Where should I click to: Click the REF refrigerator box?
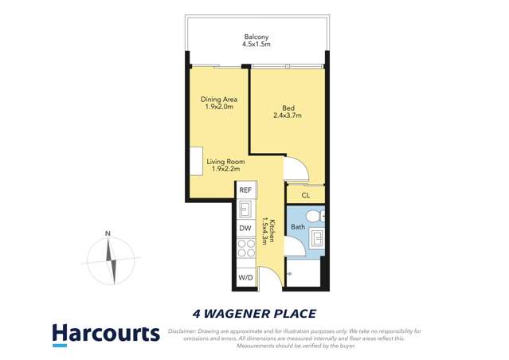tap(245, 190)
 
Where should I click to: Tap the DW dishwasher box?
tap(245, 229)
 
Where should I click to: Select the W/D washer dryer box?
tap(245, 278)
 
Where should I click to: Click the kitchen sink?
tap(246, 209)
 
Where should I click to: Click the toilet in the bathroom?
tap(315, 216)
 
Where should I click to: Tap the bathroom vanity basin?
tap(316, 237)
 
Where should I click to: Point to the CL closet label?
tap(305, 195)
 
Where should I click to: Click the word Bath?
tap(297, 228)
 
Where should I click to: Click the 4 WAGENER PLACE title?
tap(254, 313)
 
